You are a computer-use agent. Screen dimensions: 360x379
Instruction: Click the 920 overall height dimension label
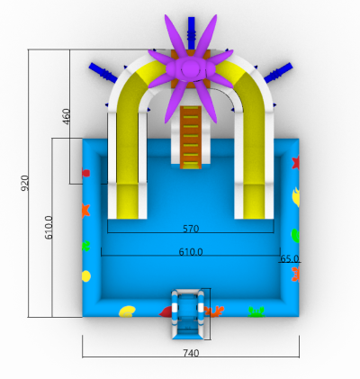(x=25, y=183)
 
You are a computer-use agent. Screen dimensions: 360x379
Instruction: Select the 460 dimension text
(x=67, y=116)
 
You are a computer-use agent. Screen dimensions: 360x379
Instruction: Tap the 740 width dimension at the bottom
(x=191, y=353)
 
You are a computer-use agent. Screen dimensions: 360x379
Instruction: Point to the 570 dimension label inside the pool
(x=191, y=229)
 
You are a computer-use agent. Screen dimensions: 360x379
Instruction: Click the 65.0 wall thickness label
(x=290, y=258)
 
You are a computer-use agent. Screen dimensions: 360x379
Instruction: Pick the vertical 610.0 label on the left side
(x=49, y=228)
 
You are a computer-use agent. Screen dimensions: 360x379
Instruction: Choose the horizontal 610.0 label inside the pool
(x=191, y=252)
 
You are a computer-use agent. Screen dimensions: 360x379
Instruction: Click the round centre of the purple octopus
(x=190, y=68)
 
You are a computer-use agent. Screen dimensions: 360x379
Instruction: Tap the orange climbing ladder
(x=191, y=137)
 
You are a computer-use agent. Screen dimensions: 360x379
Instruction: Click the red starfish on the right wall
(x=296, y=162)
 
